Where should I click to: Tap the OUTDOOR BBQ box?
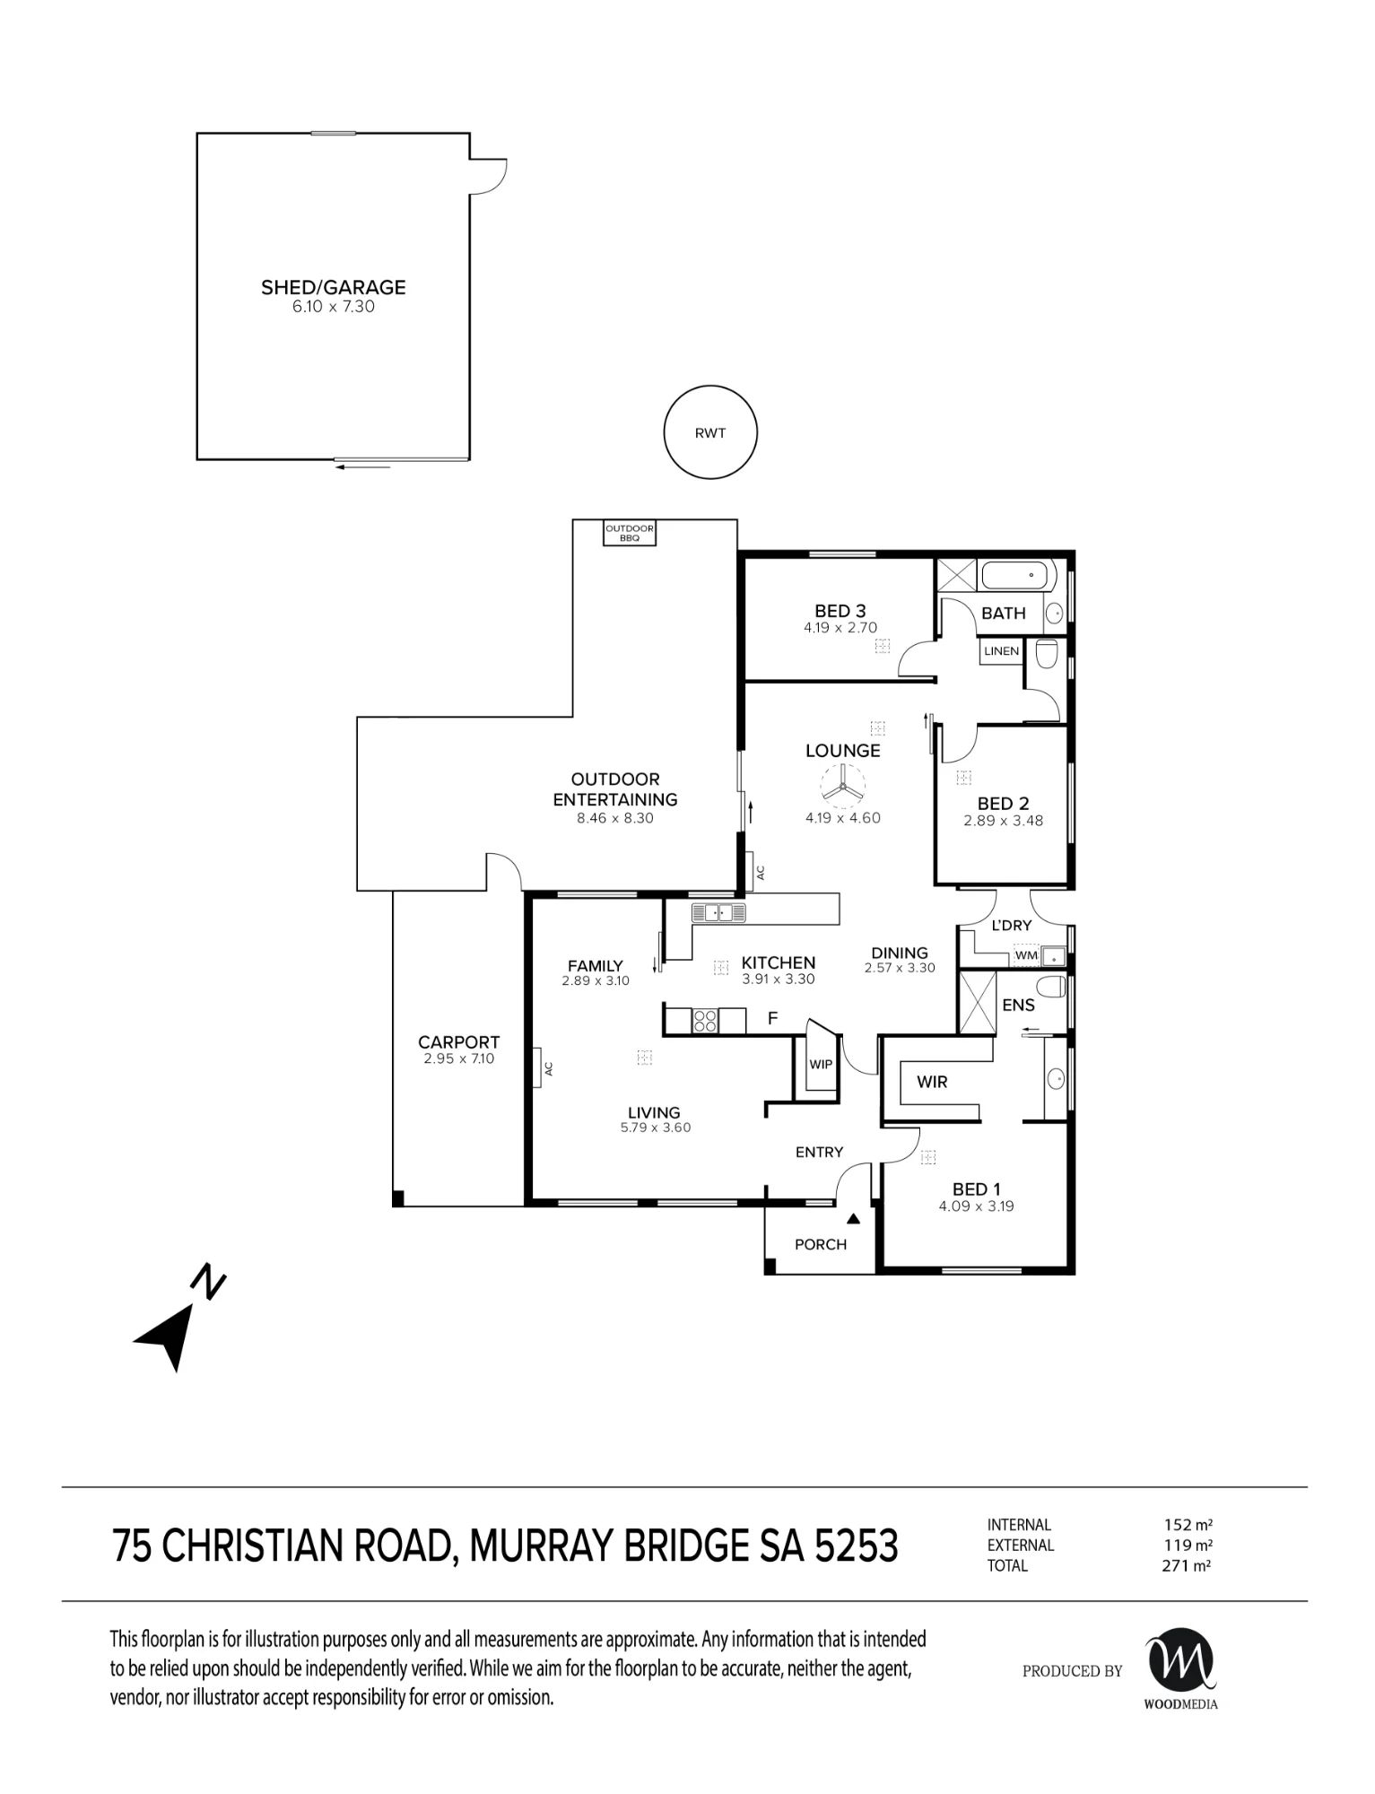[629, 533]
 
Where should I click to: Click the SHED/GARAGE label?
[334, 288]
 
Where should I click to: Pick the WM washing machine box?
[1026, 955]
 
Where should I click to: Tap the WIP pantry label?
[821, 1065]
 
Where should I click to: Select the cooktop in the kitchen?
[705, 1020]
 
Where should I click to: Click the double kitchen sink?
[718, 913]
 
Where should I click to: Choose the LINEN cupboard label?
[1001, 651]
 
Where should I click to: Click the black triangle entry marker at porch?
[854, 1219]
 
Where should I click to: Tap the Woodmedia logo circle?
[1181, 1659]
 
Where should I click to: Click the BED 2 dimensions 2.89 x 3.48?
[1003, 821]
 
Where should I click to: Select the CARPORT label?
[458, 1042]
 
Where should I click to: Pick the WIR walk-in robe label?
[932, 1082]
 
